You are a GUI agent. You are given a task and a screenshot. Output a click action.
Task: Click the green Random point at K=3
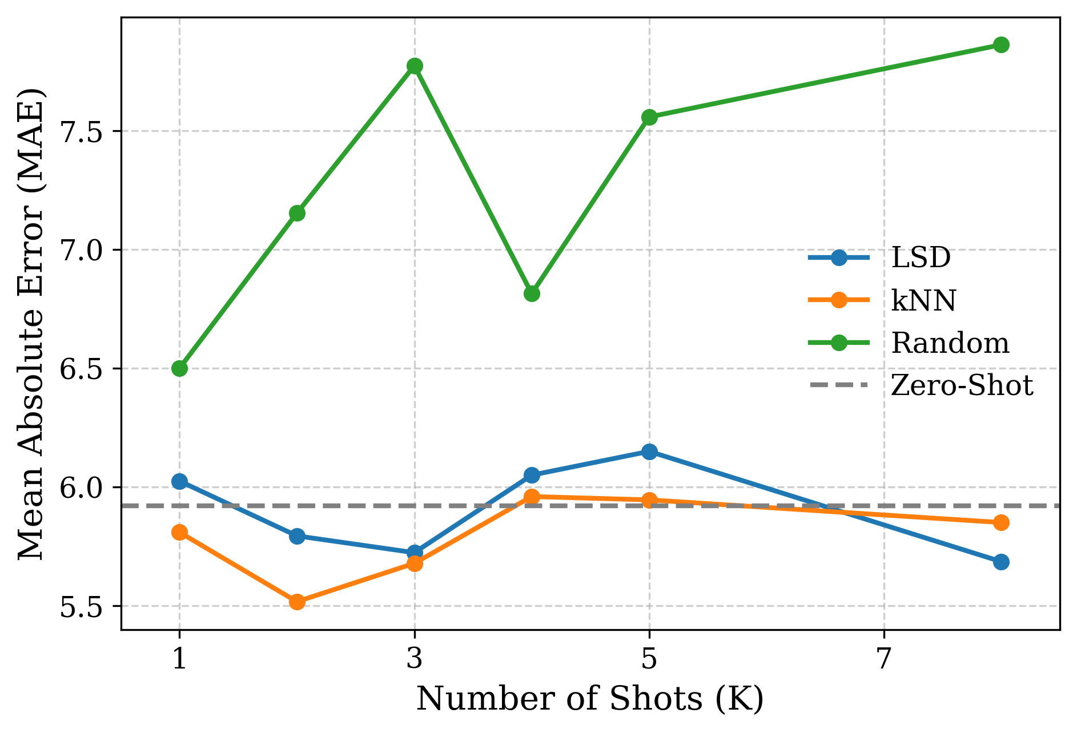point(415,66)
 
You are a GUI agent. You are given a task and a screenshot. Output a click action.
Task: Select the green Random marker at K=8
point(1001,45)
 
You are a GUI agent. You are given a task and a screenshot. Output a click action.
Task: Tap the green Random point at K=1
point(179,368)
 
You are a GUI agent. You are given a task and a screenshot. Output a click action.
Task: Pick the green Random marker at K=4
point(532,293)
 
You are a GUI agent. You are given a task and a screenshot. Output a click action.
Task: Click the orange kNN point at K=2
point(297,602)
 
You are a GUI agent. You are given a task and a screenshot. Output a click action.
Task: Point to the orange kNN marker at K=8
point(1001,522)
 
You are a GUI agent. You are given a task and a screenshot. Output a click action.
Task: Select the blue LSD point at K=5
point(649,452)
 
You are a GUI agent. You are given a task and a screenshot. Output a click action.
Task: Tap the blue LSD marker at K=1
point(179,481)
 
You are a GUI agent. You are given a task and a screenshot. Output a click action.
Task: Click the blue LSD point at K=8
point(1001,562)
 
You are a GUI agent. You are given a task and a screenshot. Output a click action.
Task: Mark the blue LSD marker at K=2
point(297,535)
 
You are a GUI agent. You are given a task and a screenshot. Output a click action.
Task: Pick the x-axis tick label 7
point(884,659)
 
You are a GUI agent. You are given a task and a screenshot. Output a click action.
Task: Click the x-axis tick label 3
point(415,659)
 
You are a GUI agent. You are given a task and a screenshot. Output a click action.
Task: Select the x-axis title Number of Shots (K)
point(590,699)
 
